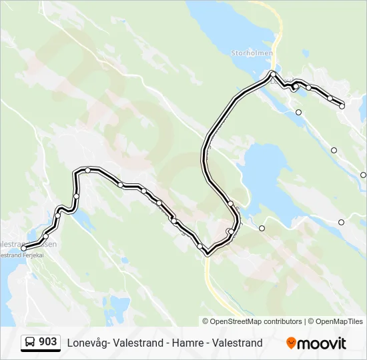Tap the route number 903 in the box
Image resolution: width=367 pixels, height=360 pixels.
point(47,341)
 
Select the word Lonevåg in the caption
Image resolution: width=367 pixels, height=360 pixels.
point(87,343)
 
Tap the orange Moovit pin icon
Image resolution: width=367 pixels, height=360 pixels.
point(291,343)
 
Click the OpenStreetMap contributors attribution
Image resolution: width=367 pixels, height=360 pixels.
point(256,321)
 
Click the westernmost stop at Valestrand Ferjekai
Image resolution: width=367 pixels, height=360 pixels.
point(24,248)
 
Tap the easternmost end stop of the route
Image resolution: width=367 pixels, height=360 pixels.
point(342,105)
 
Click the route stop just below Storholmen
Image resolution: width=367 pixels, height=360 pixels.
point(273,73)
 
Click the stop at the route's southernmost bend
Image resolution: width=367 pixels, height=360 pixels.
point(208,253)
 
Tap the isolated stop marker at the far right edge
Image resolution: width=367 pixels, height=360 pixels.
point(363,175)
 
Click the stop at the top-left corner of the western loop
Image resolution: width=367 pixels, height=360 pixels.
point(87,170)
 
